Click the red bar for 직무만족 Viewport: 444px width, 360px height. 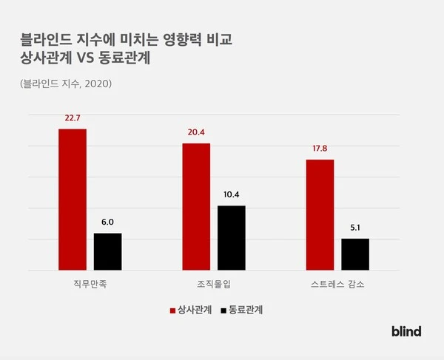(73, 200)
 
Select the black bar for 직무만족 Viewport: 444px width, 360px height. (107, 252)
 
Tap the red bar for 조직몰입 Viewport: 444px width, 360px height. (196, 207)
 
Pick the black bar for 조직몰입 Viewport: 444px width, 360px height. (231, 238)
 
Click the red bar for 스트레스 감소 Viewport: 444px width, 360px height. (320, 215)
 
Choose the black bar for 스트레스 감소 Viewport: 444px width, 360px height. (354, 254)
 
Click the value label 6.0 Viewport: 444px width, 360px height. (107, 222)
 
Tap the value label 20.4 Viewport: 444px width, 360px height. (196, 132)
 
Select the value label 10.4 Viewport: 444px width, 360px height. (231, 194)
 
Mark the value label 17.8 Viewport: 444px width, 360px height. (320, 149)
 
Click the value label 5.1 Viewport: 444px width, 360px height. (354, 228)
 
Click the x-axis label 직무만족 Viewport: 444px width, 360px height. (90, 284)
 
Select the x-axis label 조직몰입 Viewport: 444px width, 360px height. (214, 284)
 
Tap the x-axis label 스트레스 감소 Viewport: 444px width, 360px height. (337, 284)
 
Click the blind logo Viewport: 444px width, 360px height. (406, 332)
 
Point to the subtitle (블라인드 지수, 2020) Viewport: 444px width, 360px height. (67, 84)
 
